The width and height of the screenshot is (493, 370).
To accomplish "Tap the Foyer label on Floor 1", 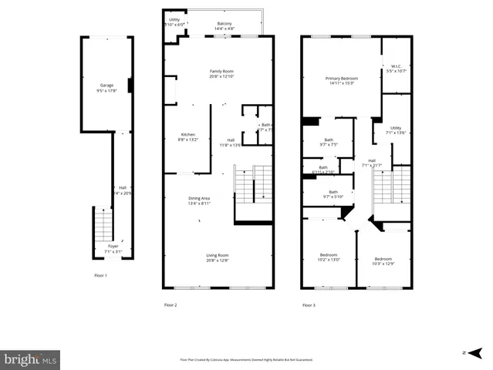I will pyautogui.click(x=113, y=249).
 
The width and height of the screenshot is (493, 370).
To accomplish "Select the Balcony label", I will pyautogui.click(x=224, y=26).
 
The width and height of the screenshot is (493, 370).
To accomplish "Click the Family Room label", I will pyautogui.click(x=221, y=74).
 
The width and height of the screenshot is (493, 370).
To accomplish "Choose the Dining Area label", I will pyautogui.click(x=199, y=200).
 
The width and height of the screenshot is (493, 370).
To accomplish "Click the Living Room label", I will pyautogui.click(x=217, y=258).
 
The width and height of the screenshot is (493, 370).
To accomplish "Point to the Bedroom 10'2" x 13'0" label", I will pyautogui.click(x=329, y=258).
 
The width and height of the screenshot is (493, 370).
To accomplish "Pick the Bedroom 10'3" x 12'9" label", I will pyautogui.click(x=383, y=261).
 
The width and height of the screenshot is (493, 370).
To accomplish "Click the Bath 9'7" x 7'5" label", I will pyautogui.click(x=328, y=142).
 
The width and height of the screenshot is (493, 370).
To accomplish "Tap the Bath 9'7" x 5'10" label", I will pyautogui.click(x=333, y=194).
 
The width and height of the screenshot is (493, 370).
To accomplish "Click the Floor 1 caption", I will pyautogui.click(x=100, y=275).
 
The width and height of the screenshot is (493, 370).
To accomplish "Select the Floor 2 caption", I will pyautogui.click(x=171, y=305).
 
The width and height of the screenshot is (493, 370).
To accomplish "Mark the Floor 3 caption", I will pyautogui.click(x=308, y=305).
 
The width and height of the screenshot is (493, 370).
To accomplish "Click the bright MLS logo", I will pyautogui.click(x=31, y=358).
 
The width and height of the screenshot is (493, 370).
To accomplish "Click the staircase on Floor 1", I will pyautogui.click(x=102, y=224).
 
